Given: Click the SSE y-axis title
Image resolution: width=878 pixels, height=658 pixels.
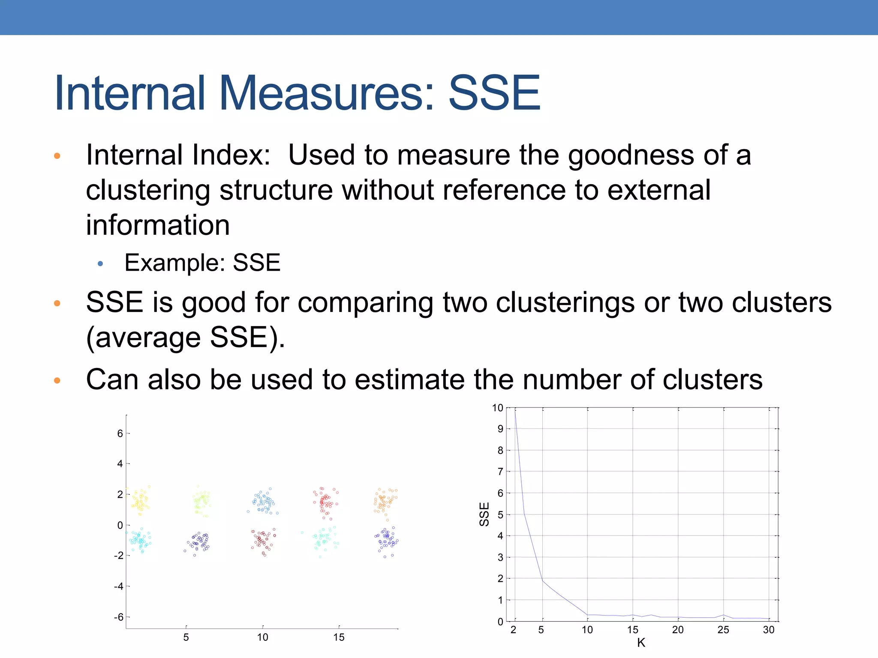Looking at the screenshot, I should pos(484,514).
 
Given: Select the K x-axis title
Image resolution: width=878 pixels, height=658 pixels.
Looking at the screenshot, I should pos(641,643).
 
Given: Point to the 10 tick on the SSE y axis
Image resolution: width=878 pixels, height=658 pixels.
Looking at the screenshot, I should pos(497,408).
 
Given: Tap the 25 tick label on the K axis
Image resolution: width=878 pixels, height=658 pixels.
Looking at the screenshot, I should pos(723,630).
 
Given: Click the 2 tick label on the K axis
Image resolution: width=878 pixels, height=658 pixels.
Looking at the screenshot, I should pos(514,630).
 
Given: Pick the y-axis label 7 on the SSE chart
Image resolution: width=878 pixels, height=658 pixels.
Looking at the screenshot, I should pos(500,472).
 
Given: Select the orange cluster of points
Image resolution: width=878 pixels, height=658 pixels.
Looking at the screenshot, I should pos(385,501).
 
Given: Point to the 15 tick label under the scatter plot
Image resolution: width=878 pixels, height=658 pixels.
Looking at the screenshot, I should pos(339,637).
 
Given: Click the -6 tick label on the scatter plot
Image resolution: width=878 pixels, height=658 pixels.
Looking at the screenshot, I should pos(118,617).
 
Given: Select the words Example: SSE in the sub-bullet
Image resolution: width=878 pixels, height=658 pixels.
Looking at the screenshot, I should pos(202,263).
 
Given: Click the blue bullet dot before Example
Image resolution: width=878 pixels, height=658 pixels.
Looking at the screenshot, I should pos(100,264).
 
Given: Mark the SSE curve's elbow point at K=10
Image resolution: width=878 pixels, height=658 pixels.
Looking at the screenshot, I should pos(588,615).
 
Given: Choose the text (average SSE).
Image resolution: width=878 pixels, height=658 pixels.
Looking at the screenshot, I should pos(185,338).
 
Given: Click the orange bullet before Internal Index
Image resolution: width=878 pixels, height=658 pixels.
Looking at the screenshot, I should pos(57,156).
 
